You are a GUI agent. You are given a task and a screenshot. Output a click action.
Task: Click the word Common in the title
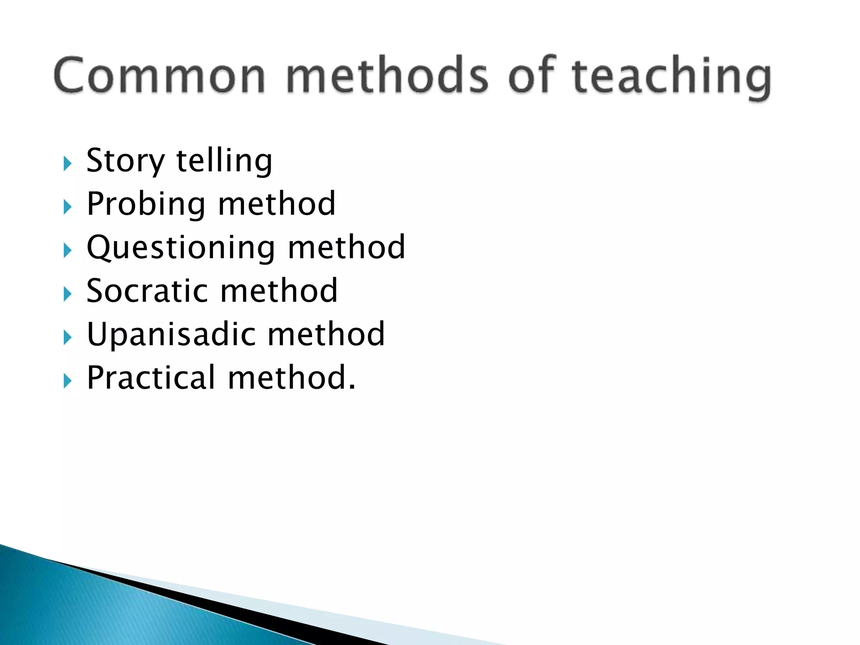(x=160, y=76)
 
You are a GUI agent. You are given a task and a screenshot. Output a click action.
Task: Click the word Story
(x=126, y=162)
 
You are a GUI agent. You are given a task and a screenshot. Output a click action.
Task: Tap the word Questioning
(x=181, y=248)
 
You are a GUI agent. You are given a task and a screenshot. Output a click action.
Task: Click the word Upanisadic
(x=171, y=335)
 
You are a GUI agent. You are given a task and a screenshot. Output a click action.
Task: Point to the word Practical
(x=151, y=378)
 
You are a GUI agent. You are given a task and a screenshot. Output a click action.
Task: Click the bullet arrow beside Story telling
(x=68, y=163)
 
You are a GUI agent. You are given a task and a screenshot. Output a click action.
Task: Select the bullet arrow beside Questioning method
(x=68, y=251)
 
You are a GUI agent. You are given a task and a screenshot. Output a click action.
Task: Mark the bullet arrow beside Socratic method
(x=68, y=294)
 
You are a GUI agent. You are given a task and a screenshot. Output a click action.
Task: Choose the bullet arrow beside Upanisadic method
(x=68, y=338)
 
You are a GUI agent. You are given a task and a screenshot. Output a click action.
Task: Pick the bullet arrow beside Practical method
(x=68, y=381)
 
